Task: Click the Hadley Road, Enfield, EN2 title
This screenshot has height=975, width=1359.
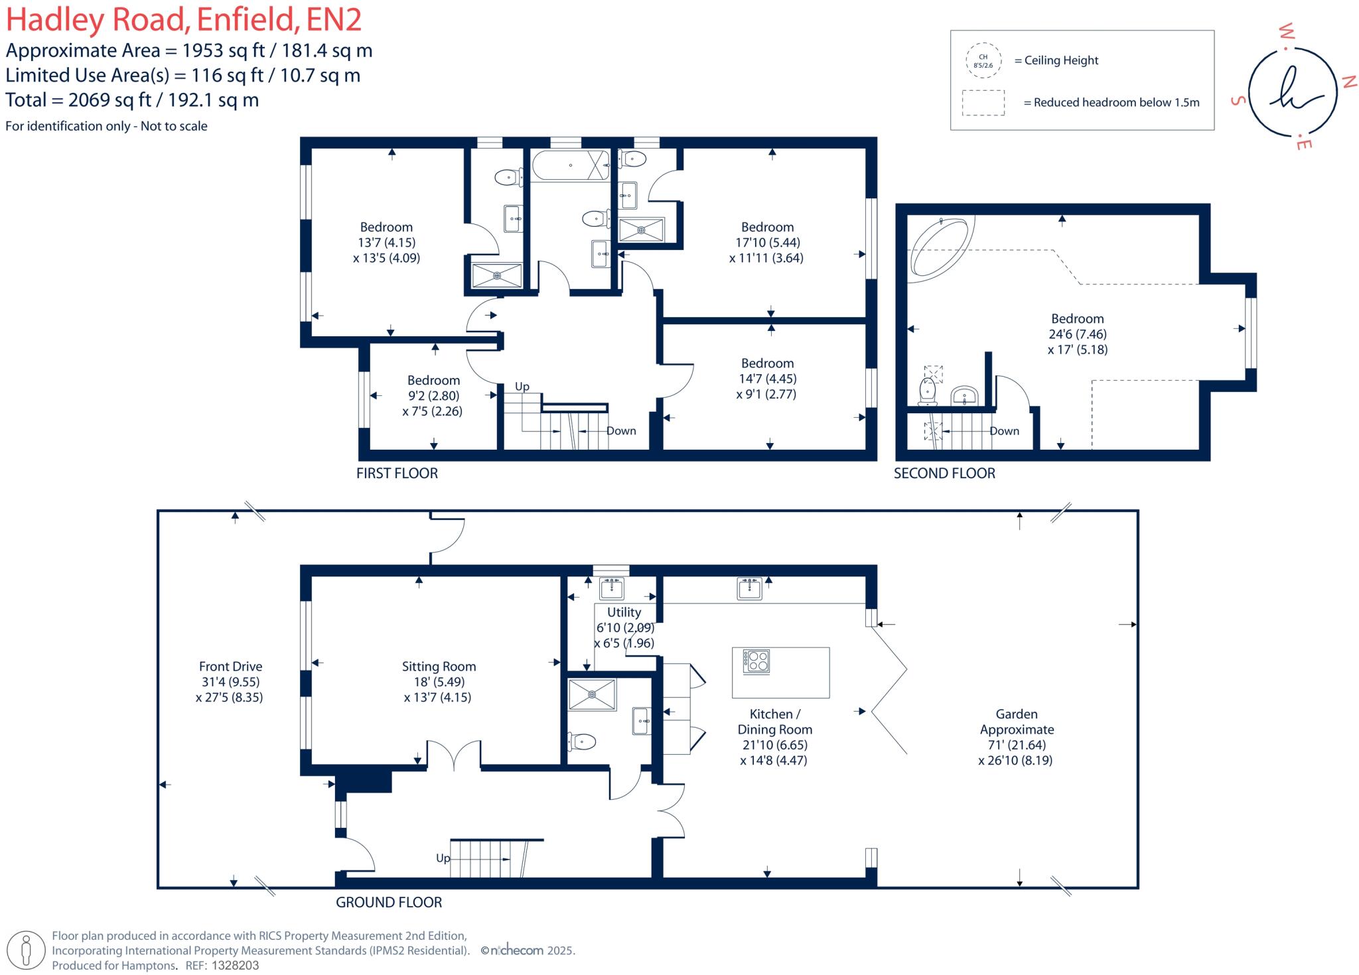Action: (184, 20)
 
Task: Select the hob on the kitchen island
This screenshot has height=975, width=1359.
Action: (756, 661)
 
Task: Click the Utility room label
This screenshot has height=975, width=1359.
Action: (624, 612)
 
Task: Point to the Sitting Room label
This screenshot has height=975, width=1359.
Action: (439, 667)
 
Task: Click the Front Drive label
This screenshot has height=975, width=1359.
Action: (230, 667)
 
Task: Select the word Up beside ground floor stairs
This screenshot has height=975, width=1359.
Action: (443, 858)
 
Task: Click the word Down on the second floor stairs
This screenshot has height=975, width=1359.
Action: (1004, 431)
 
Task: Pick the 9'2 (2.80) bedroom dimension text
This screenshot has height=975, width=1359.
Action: (433, 396)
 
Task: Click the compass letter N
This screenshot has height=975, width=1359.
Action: (1348, 82)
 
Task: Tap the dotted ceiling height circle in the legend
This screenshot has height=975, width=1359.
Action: (983, 61)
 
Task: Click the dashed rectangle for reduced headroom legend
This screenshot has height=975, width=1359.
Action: (983, 103)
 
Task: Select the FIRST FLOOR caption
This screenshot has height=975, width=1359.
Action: (397, 474)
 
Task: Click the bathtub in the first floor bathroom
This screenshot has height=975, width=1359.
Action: (569, 165)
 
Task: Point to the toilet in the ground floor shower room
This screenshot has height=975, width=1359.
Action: (582, 742)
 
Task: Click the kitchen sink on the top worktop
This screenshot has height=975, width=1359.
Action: (749, 588)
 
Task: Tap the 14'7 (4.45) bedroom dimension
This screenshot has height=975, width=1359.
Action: (768, 379)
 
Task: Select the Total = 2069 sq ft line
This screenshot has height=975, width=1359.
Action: (132, 100)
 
